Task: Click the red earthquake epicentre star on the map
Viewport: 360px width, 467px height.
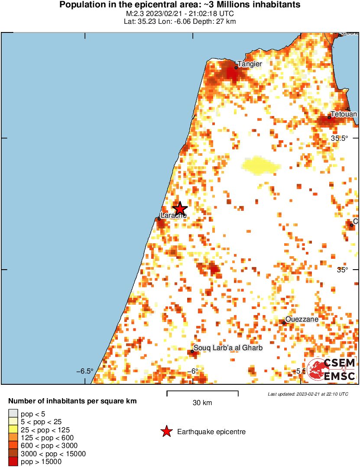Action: point(179,208)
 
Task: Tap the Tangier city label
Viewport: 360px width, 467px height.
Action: point(250,64)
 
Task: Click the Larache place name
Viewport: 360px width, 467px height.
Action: point(173,216)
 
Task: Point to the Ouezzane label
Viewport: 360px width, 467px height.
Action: point(302,319)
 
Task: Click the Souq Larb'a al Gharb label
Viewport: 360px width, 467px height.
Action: point(228,348)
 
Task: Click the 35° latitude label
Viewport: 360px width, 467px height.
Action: point(343,270)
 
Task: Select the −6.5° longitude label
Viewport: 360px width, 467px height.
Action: point(85,371)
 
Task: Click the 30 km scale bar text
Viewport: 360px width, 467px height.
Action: point(202,403)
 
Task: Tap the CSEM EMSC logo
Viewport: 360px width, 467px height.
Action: point(331,369)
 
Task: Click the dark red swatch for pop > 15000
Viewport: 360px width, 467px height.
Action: point(13,462)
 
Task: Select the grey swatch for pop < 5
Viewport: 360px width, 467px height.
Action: point(13,414)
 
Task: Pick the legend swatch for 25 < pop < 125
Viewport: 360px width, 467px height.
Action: point(13,430)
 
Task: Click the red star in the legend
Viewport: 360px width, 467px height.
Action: point(166,432)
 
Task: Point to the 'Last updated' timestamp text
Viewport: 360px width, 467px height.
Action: point(308,394)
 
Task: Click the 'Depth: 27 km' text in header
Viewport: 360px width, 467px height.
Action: point(217,22)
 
